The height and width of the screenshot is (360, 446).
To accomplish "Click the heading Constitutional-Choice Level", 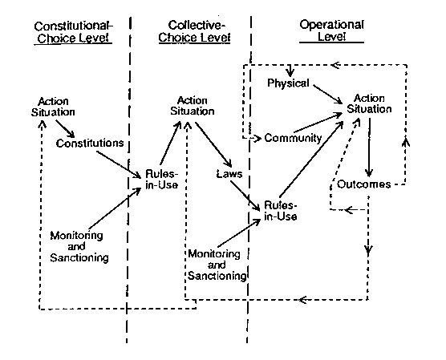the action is click(73, 32).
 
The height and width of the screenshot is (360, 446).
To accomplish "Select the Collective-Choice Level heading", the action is click(195, 31).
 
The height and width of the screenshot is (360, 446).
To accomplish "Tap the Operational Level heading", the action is click(331, 30).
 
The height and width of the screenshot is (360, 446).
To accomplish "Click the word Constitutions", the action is click(90, 143).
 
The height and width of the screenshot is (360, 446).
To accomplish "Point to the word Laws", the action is click(229, 174).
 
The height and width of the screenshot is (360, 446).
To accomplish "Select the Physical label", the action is click(288, 83).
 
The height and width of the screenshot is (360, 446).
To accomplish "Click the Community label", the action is click(293, 138).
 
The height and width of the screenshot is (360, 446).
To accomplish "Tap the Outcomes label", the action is click(364, 184).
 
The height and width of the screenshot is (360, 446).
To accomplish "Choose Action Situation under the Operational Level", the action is click(369, 103).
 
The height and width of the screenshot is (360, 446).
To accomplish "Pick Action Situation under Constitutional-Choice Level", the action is click(53, 107).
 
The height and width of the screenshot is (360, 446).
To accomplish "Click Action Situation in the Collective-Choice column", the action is click(193, 106).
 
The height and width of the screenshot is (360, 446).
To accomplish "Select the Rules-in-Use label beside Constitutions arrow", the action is click(161, 180).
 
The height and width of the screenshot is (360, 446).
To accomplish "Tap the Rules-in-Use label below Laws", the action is click(281, 211).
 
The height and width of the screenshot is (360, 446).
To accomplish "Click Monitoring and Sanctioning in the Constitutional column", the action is click(79, 246).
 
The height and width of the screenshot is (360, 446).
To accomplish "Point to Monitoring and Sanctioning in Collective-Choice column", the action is click(217, 265).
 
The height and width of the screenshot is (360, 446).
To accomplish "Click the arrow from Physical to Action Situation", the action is click(327, 94).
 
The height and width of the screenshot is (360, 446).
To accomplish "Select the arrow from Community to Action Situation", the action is click(318, 123).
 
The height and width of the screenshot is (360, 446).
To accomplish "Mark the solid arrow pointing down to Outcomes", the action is click(369, 148).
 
